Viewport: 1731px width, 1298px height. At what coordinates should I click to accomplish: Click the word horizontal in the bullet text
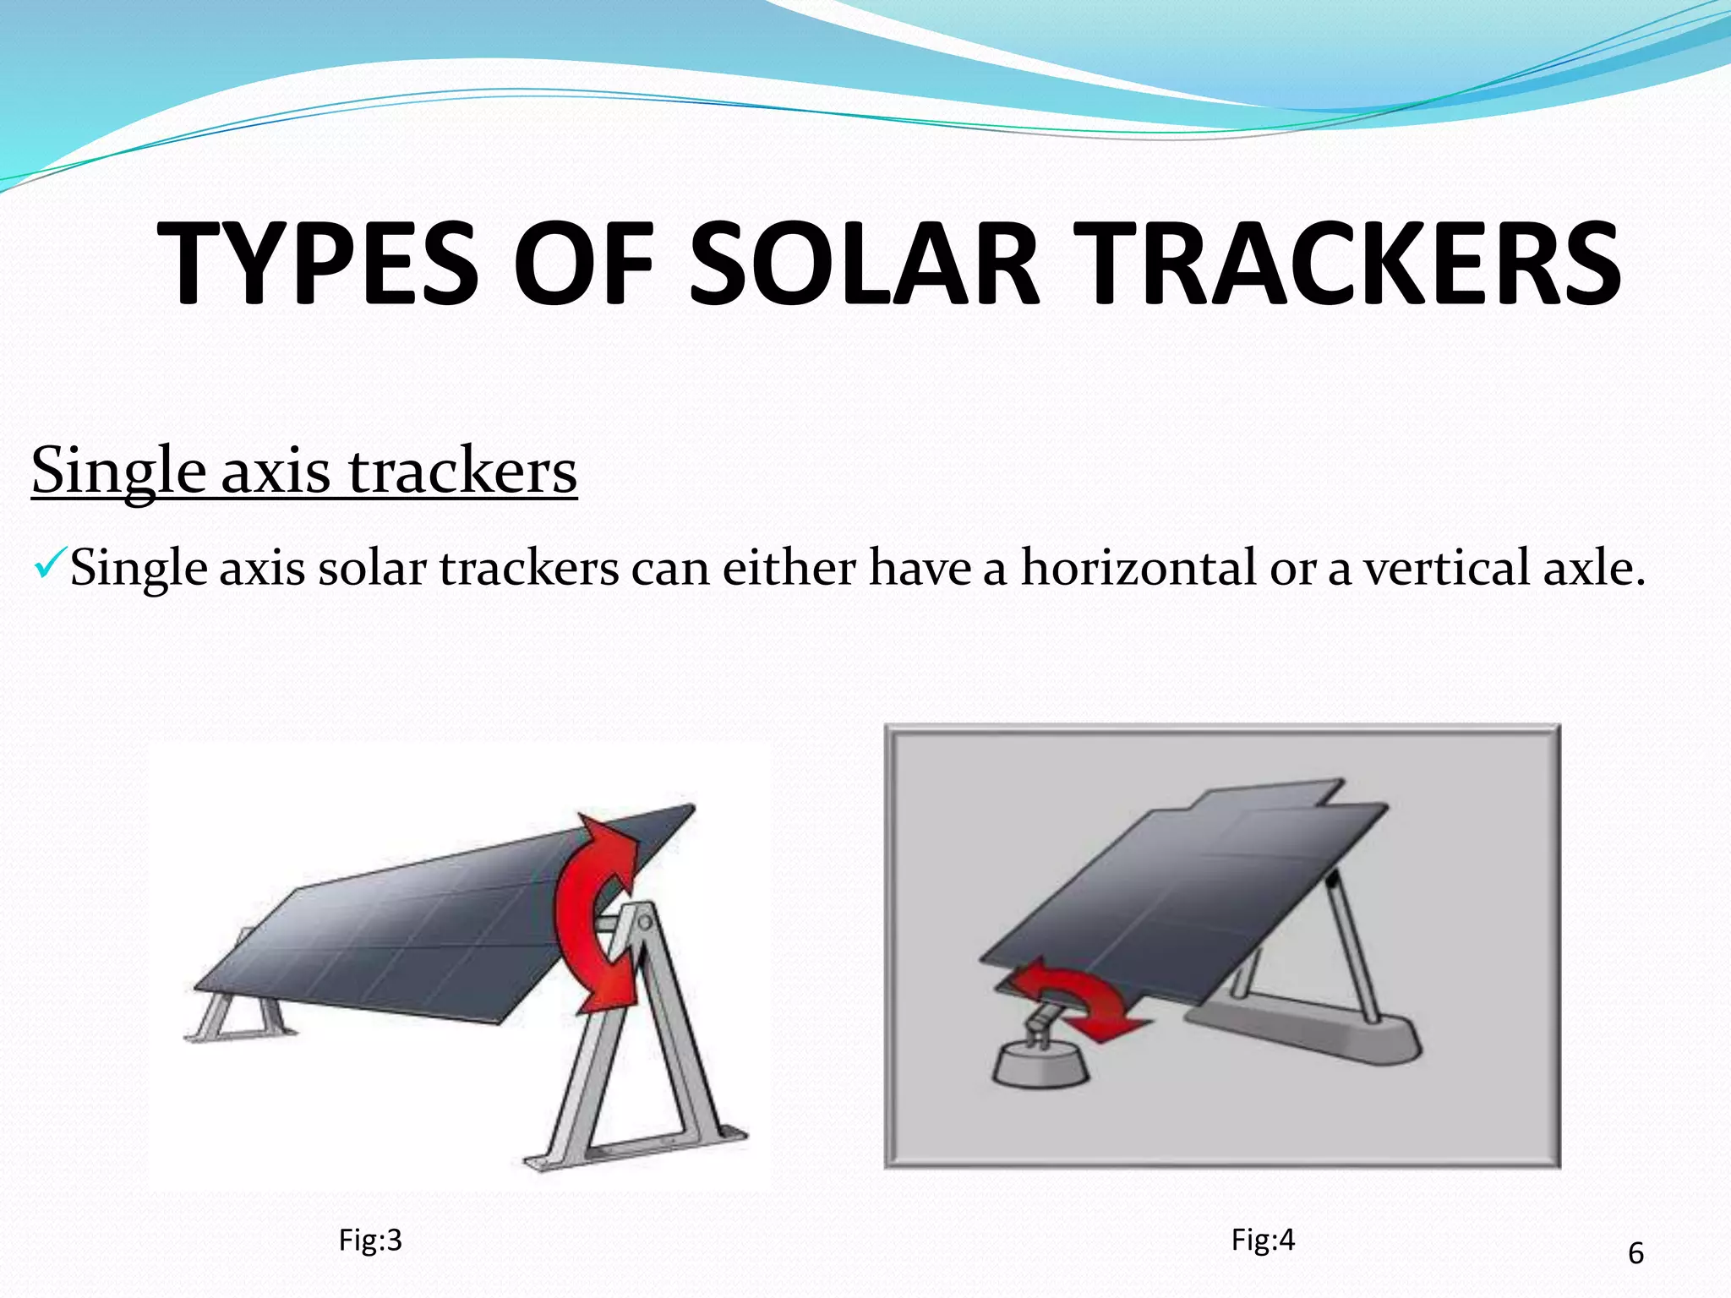pyautogui.click(x=1138, y=567)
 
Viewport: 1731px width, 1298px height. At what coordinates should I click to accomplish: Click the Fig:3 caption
pyautogui.click(x=369, y=1240)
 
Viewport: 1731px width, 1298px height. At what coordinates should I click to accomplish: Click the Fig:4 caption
pyautogui.click(x=1263, y=1239)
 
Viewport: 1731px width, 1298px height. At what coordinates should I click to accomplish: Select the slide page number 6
pyautogui.click(x=1635, y=1252)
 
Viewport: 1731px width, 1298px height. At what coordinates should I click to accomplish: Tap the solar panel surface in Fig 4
pyautogui.click(x=1183, y=896)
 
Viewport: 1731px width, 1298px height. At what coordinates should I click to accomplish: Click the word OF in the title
pyautogui.click(x=584, y=263)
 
